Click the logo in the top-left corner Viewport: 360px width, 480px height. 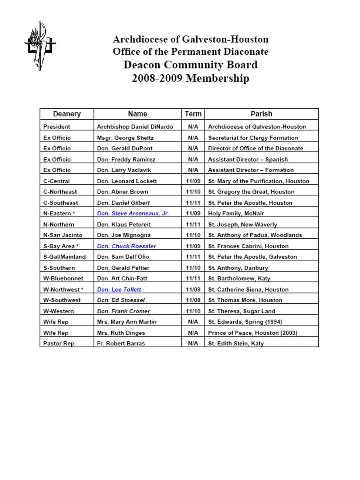40,46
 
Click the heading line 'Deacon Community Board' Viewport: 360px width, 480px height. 191,65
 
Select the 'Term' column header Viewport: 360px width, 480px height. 193,114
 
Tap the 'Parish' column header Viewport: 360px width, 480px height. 261,114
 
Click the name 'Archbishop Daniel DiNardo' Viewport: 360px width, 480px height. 135,127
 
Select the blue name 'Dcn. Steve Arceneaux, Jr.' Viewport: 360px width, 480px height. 133,213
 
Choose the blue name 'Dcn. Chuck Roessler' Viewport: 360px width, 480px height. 126,246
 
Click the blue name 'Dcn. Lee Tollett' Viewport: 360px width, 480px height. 119,289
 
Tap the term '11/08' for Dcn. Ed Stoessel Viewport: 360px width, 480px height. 193,300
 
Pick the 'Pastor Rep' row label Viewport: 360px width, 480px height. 57,343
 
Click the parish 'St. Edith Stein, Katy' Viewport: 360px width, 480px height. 236,343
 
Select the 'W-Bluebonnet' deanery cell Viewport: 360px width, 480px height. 63,278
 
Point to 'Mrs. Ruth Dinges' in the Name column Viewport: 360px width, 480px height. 121,333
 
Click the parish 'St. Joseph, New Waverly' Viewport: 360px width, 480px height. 242,224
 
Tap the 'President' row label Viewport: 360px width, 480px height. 57,127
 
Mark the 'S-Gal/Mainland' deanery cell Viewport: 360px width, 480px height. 65,257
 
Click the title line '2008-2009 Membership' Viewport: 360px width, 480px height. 191,78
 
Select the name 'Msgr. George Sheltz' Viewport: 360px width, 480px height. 125,138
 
